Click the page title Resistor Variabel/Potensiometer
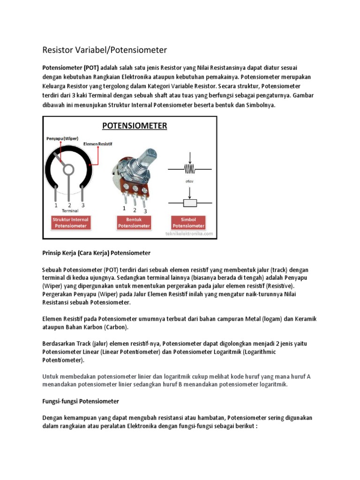click(105, 50)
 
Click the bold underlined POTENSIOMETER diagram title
click(135, 126)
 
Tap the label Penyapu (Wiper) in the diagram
click(63, 139)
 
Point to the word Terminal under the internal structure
click(69, 211)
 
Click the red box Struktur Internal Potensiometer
click(71, 223)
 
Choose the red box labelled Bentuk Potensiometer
click(134, 223)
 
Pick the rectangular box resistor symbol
click(189, 202)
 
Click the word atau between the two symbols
click(189, 180)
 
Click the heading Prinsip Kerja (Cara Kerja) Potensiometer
click(96, 253)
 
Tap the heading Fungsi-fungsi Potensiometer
click(81, 401)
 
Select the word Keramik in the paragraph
click(305, 319)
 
